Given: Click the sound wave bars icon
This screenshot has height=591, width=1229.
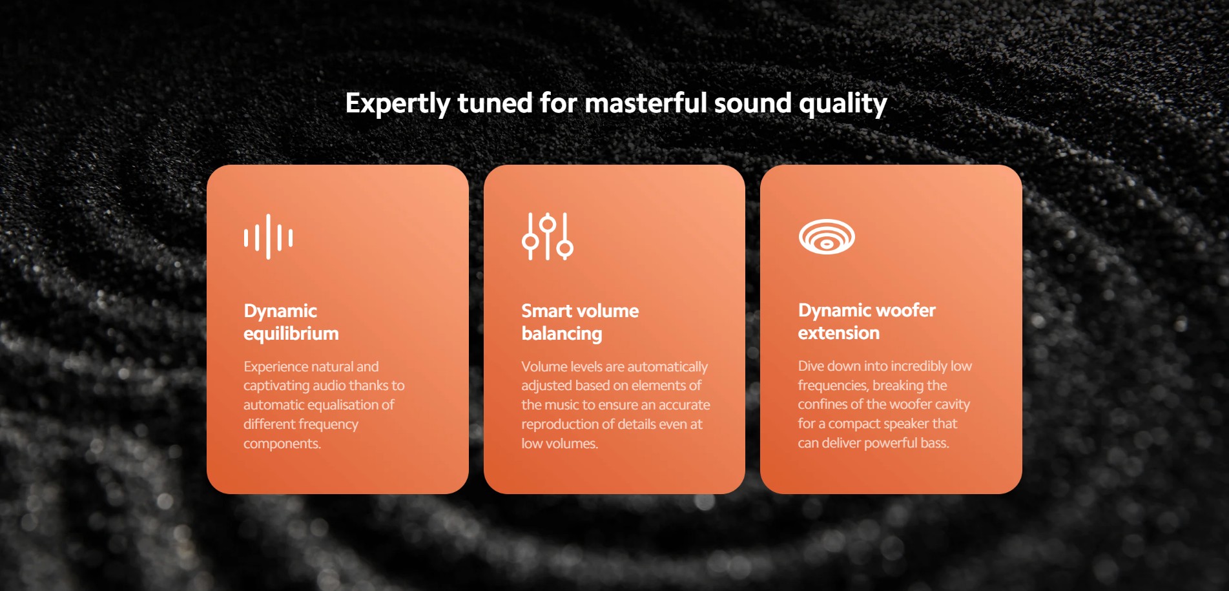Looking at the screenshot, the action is [x=268, y=237].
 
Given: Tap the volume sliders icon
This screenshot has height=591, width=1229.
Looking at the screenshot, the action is [x=547, y=236].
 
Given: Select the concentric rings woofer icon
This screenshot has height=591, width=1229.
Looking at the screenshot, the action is [x=827, y=236].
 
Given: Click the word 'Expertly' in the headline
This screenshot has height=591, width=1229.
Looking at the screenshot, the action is [x=397, y=103].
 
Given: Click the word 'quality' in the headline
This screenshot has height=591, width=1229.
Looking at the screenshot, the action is [x=843, y=103].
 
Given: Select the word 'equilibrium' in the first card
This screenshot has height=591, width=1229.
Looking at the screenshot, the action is [x=291, y=334].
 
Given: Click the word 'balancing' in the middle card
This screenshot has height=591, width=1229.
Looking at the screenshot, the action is [x=562, y=334].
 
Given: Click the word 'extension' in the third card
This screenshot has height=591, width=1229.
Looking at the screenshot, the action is [x=839, y=333].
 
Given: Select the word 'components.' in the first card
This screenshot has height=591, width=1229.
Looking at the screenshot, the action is [x=282, y=444].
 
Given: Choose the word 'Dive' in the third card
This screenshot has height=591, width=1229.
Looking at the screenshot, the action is [x=811, y=366].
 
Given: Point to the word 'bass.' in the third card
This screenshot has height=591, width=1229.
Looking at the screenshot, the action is [x=934, y=442].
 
